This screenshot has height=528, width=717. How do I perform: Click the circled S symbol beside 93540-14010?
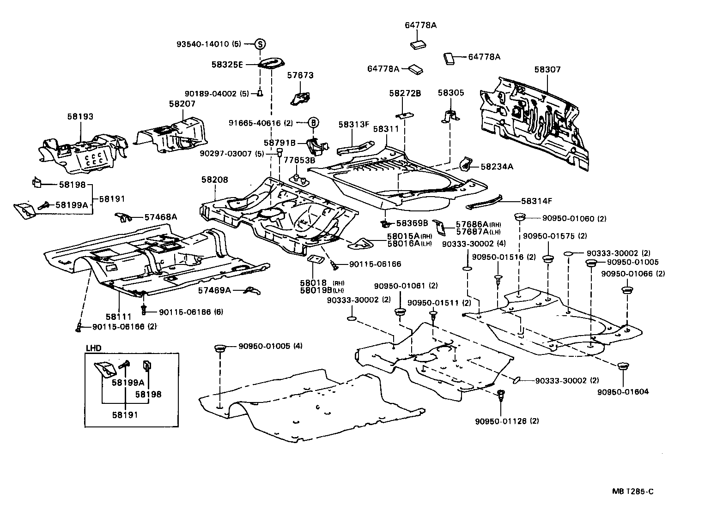point(260,44)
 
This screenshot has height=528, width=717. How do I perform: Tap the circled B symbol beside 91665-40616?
point(313,123)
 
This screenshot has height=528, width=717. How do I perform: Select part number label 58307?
point(547,70)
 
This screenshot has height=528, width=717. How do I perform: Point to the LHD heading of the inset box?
point(93,348)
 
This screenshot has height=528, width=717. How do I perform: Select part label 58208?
point(214,180)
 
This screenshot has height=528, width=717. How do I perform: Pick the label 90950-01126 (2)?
point(506,421)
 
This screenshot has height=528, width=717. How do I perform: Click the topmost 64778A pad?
point(418,44)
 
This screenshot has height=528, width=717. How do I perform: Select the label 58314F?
point(536,201)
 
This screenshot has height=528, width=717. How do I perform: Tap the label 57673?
point(300,75)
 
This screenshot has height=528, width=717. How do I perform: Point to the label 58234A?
point(497,167)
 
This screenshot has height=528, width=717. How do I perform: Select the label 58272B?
point(405,93)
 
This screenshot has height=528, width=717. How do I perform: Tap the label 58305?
point(450,93)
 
